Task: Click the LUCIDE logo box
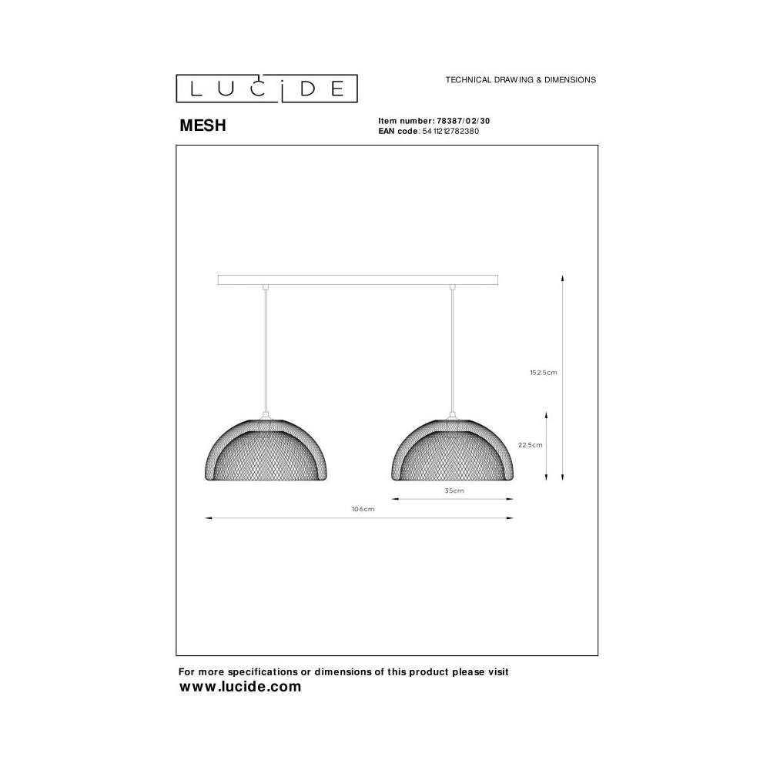click(x=266, y=89)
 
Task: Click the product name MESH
click(x=203, y=126)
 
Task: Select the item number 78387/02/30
click(x=463, y=121)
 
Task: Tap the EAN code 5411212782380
click(x=450, y=131)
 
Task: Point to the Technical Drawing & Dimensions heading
click(x=521, y=79)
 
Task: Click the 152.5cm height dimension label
click(x=543, y=373)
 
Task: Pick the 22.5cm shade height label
click(x=531, y=445)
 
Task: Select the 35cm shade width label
click(x=454, y=490)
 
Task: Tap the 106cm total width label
click(x=363, y=509)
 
